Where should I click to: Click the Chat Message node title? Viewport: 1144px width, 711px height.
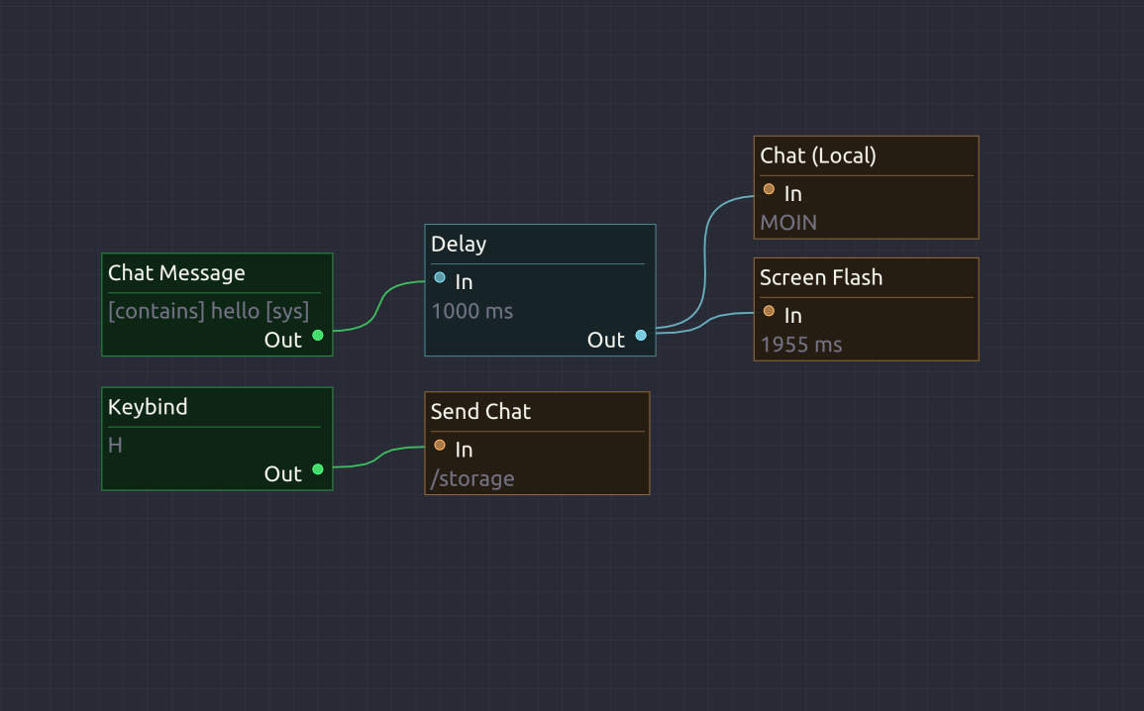point(176,272)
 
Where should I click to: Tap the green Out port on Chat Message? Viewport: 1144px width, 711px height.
point(318,336)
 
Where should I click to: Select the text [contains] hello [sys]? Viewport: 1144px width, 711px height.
point(209,311)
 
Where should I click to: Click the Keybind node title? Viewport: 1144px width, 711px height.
point(148,407)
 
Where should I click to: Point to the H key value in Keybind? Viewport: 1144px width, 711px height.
point(115,445)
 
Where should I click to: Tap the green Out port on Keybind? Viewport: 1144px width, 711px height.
point(318,469)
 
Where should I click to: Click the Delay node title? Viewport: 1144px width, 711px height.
point(459,245)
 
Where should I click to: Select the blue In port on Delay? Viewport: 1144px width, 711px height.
point(440,277)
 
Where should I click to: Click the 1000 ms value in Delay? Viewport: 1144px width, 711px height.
point(472,311)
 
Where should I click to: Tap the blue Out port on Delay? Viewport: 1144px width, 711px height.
point(641,336)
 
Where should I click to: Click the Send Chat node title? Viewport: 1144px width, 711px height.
point(480,411)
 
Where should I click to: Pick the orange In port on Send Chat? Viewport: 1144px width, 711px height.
point(440,445)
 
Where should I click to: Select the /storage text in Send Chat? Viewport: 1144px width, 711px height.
point(472,479)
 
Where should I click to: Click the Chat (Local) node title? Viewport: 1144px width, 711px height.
point(818,156)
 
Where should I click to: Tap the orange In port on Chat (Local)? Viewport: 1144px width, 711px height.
point(769,189)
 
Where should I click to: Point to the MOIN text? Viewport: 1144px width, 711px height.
point(788,223)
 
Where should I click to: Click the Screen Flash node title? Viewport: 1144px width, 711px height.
point(821,277)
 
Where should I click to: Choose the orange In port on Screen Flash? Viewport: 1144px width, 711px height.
point(769,311)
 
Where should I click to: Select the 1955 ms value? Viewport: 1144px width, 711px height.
point(801,345)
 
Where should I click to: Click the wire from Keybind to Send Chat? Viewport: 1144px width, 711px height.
point(378,457)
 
